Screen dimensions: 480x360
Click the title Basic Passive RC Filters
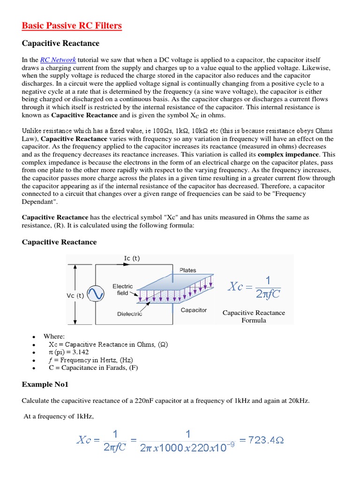pyautogui.click(x=72, y=25)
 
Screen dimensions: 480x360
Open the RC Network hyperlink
pyautogui.click(x=58, y=60)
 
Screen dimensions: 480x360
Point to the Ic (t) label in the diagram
pyautogui.click(x=132, y=258)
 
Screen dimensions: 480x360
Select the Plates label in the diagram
pyautogui.click(x=188, y=270)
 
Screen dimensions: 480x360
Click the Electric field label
pyautogui.click(x=122, y=289)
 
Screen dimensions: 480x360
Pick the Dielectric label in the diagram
pyautogui.click(x=129, y=314)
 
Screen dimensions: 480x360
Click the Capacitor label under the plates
pyautogui.click(x=194, y=310)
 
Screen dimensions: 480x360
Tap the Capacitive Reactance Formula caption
pyautogui.click(x=254, y=316)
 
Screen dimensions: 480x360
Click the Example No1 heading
pyautogui.click(x=45, y=384)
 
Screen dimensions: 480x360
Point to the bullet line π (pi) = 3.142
pyautogui.click(x=68, y=352)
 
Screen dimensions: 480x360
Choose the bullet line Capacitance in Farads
pyautogui.click(x=93, y=367)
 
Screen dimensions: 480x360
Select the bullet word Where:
pyautogui.click(x=54, y=336)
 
